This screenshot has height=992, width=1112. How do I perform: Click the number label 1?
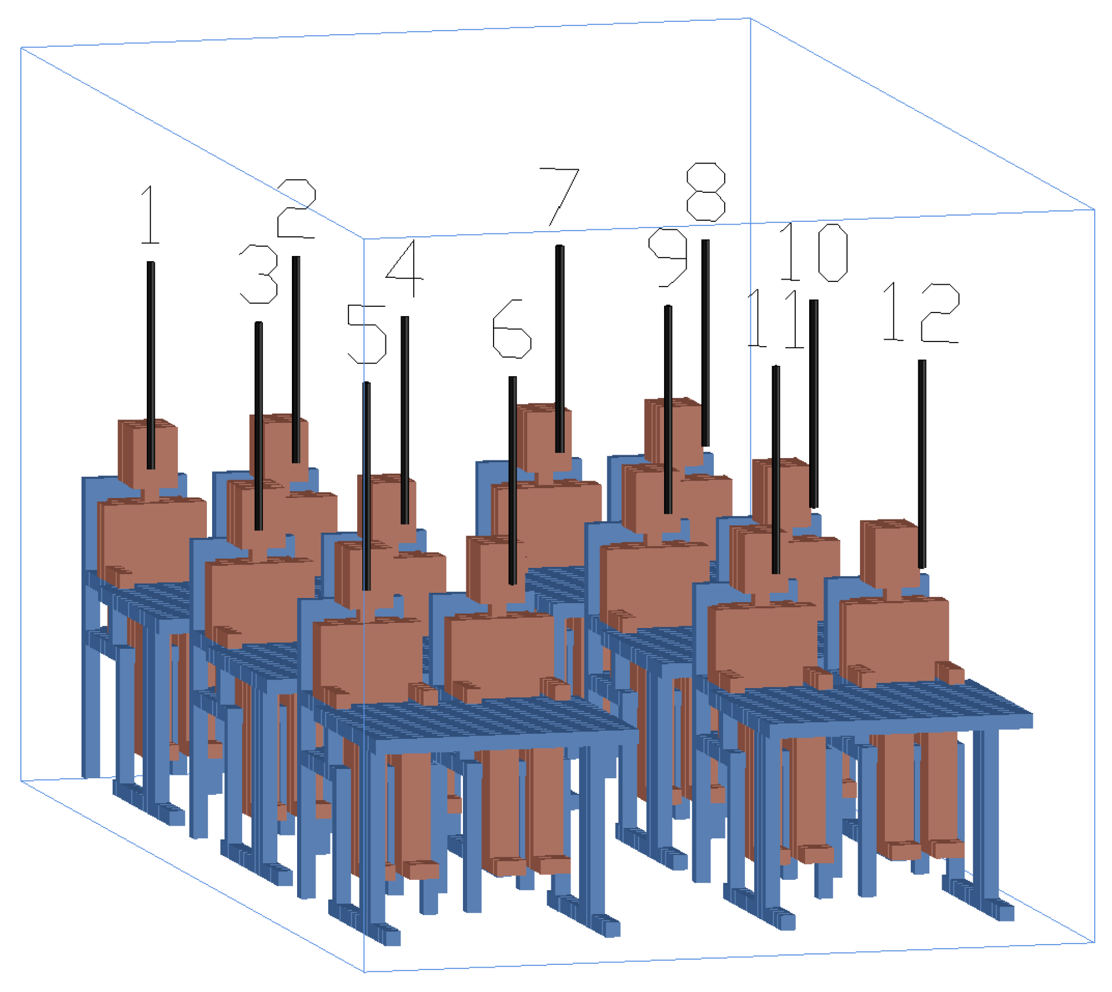tap(150, 215)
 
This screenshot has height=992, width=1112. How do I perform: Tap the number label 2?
tap(296, 209)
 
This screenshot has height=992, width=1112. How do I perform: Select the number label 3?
tap(259, 274)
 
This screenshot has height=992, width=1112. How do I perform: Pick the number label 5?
tap(366, 335)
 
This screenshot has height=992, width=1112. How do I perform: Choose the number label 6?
tap(512, 329)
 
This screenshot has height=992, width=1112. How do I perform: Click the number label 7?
tap(559, 197)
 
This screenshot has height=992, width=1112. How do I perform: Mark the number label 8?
tap(706, 192)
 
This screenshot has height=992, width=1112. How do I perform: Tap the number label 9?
tap(668, 257)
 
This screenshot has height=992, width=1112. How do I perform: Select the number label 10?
tap(814, 252)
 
